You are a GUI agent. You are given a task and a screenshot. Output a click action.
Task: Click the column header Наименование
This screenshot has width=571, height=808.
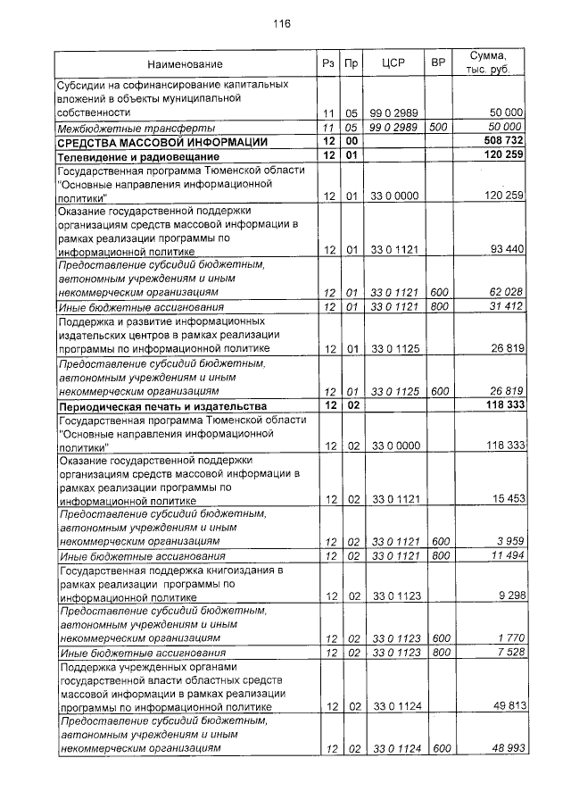186,64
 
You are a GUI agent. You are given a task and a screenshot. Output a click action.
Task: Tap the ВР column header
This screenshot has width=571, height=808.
438,64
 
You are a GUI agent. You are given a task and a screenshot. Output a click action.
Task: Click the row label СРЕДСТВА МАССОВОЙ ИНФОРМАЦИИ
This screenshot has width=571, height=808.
162,142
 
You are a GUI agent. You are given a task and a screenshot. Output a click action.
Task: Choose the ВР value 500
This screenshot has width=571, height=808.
438,129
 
